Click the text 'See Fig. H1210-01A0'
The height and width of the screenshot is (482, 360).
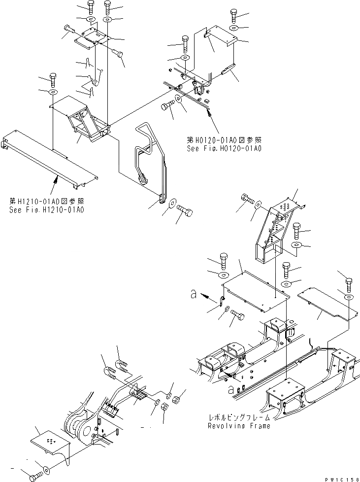click(x=47, y=210)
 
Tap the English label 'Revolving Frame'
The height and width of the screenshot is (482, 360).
click(x=238, y=426)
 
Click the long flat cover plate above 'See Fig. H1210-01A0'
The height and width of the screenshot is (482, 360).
click(x=49, y=158)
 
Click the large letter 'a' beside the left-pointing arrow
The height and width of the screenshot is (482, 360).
click(x=195, y=296)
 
